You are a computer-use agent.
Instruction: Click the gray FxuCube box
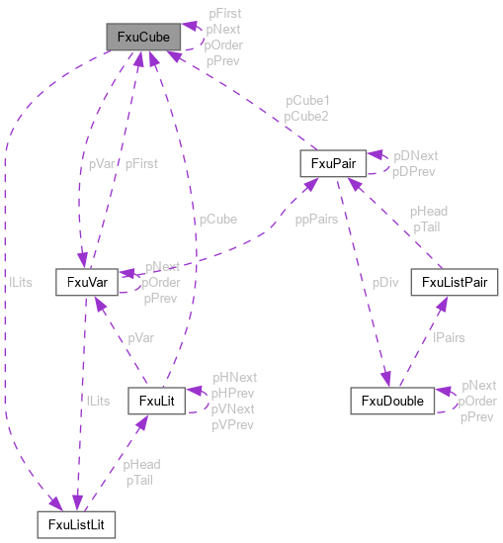tap(143, 39)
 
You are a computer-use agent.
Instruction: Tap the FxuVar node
tap(87, 282)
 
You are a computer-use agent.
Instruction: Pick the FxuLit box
tap(157, 401)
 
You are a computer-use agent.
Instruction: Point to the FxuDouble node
tap(392, 401)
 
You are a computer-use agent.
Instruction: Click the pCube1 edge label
tap(307, 102)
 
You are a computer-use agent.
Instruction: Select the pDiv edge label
tap(386, 282)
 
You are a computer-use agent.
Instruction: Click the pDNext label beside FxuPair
tap(416, 156)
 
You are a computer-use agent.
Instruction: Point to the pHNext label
tap(235, 378)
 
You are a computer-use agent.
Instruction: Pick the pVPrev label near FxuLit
tap(233, 425)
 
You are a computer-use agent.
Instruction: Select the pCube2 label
tap(307, 117)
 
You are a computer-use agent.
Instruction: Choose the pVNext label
tap(233, 409)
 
